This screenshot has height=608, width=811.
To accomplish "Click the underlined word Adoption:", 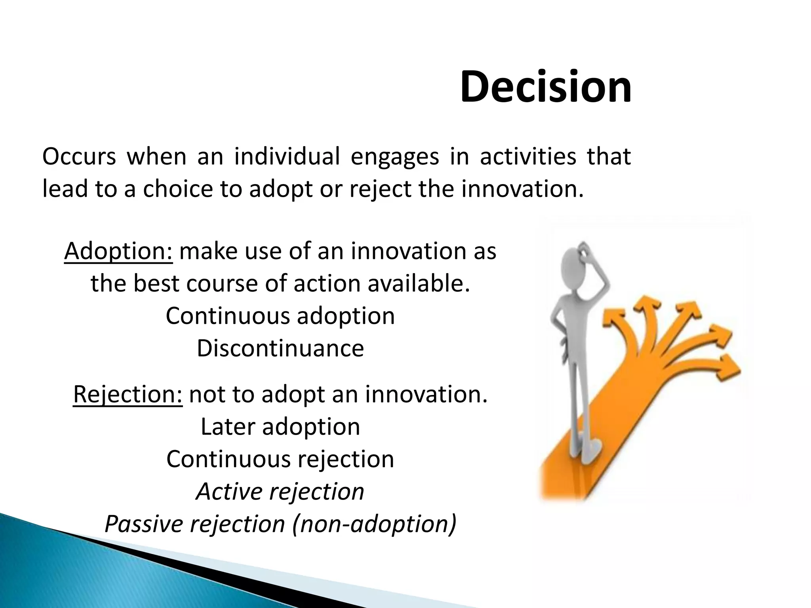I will [x=118, y=252].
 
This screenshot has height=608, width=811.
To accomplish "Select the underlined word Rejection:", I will [x=128, y=395].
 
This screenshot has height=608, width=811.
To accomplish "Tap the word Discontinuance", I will [x=280, y=349].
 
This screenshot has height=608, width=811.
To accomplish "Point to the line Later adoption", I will [x=280, y=427].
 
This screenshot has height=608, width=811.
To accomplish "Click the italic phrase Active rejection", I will [x=280, y=492].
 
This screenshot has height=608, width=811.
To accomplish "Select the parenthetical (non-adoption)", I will [x=374, y=524].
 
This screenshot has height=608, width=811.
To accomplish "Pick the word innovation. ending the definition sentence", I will [x=522, y=189].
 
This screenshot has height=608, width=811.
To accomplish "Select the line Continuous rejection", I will [x=280, y=459].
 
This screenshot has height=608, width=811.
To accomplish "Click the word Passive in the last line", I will [x=144, y=524].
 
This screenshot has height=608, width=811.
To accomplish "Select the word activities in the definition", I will [x=528, y=156].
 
